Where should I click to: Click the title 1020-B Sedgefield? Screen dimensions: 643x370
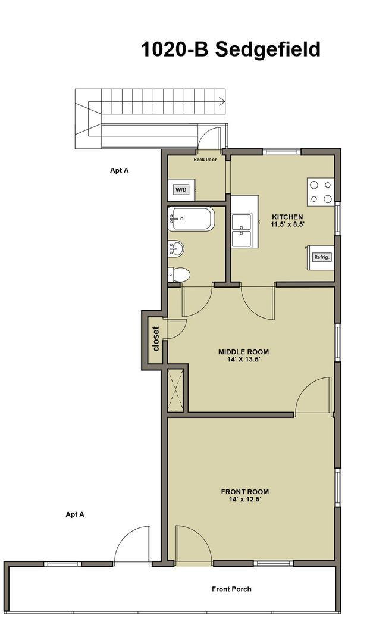(x=230, y=49)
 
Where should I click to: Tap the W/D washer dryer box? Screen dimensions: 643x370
(x=181, y=190)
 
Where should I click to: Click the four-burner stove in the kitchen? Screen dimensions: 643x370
(x=321, y=192)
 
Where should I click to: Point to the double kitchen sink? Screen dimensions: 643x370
(x=243, y=230)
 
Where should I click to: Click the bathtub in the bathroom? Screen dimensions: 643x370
(x=191, y=219)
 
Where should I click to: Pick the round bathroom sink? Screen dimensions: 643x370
(x=175, y=248)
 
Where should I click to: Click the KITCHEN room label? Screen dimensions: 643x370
(x=288, y=216)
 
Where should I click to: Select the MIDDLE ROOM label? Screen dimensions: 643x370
(x=244, y=351)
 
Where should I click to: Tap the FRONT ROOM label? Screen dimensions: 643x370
(x=245, y=492)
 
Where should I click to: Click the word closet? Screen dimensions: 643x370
(x=156, y=339)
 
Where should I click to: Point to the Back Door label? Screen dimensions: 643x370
(x=205, y=160)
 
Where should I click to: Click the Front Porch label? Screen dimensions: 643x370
(x=231, y=589)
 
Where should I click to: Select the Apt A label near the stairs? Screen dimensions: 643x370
(x=120, y=170)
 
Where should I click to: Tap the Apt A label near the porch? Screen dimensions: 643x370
(x=75, y=514)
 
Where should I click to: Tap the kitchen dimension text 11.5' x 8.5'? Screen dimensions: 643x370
(x=288, y=224)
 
